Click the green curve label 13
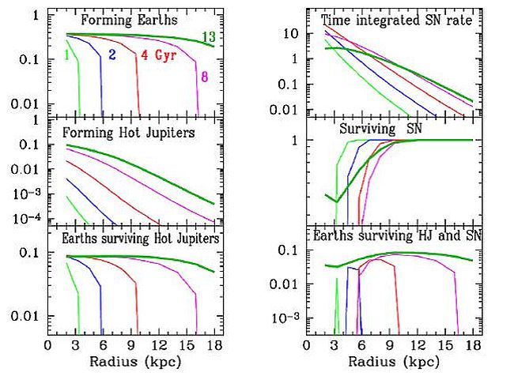[x=209, y=37]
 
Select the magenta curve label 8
[x=204, y=76]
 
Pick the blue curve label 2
[x=111, y=55]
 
